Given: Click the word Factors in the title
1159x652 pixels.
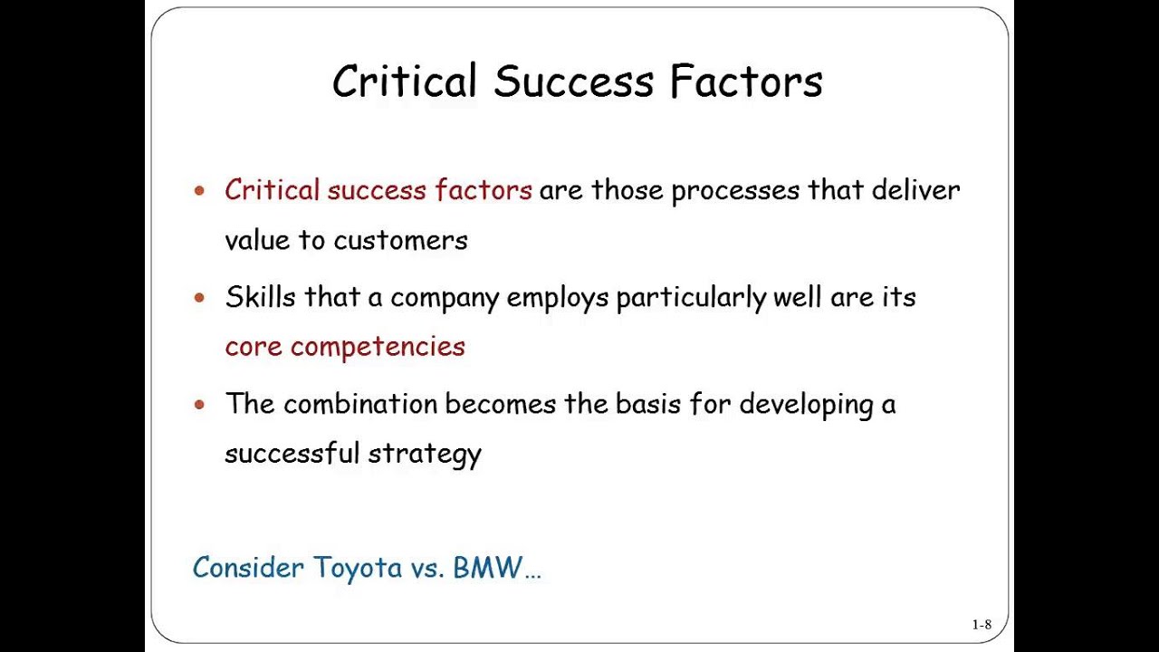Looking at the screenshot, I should pyautogui.click(x=746, y=81).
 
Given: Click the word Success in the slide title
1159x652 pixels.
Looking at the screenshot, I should pyautogui.click(x=572, y=81).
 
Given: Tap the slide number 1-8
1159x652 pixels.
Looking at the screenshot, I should pyautogui.click(x=982, y=624).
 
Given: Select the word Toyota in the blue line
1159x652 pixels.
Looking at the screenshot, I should pyautogui.click(x=358, y=568).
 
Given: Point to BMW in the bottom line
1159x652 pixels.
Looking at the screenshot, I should pyautogui.click(x=488, y=568).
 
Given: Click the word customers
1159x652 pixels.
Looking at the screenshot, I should pyautogui.click(x=400, y=240).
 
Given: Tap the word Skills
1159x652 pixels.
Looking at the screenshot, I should pyautogui.click(x=260, y=297).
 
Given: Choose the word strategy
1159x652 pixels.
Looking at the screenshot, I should pyautogui.click(x=437, y=453).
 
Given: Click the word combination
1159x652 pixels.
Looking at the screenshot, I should pyautogui.click(x=360, y=404).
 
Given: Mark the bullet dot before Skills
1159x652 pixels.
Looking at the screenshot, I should pyautogui.click(x=200, y=298).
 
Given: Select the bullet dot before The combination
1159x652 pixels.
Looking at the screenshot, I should pyautogui.click(x=200, y=405).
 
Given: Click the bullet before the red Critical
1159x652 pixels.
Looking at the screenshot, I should pyautogui.click(x=200, y=191).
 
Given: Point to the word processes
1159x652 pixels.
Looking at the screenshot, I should pyautogui.click(x=735, y=191).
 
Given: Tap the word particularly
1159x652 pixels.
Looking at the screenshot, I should pyautogui.click(x=691, y=298).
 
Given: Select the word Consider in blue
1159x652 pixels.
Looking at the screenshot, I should pyautogui.click(x=248, y=568).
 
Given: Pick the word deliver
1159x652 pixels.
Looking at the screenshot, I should pyautogui.click(x=915, y=190).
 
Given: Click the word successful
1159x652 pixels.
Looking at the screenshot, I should pyautogui.click(x=292, y=453).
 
